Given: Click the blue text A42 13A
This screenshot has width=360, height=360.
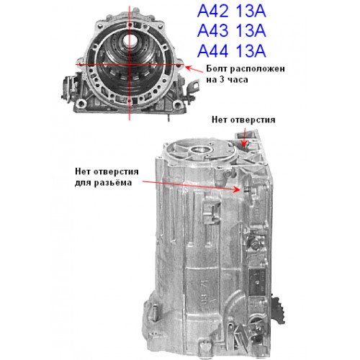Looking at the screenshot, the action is click(x=231, y=12).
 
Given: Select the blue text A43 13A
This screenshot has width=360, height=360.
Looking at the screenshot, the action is click(x=231, y=31).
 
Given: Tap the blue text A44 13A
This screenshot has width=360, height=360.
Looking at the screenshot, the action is click(x=231, y=51).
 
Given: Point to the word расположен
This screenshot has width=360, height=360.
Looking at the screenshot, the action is click(x=257, y=69).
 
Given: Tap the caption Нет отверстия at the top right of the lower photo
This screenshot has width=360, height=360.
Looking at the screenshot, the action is click(x=243, y=120).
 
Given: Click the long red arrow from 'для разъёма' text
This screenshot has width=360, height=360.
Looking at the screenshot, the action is click(x=191, y=186).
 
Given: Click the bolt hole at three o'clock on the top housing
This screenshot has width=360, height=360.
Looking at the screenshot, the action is click(x=178, y=66).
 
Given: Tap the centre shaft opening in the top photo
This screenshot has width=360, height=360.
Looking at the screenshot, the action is click(x=130, y=41).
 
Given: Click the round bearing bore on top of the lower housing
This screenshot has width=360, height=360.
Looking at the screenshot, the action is click(x=201, y=151).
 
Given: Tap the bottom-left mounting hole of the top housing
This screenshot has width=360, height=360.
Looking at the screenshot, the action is click(x=81, y=104).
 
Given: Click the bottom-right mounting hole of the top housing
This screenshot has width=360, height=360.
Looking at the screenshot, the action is click(x=177, y=104).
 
